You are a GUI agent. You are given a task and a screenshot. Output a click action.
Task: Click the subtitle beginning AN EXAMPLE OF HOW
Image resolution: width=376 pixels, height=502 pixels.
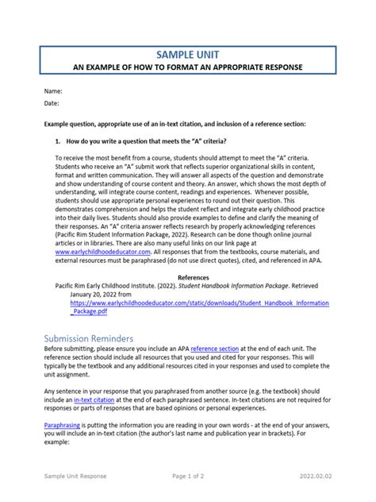point(189,68)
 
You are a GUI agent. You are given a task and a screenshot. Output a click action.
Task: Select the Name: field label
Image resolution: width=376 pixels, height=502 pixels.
point(53,92)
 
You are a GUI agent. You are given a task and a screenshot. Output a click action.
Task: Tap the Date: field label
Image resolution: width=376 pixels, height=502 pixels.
point(52,103)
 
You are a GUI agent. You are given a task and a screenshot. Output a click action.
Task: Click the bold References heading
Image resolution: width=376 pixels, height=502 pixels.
point(193,278)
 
